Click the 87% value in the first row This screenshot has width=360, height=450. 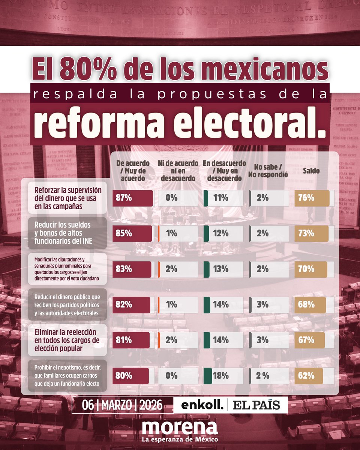pos(124,198)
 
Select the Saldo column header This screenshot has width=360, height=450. pos(312,171)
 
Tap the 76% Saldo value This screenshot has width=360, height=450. pos(306,198)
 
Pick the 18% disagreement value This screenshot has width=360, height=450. pos(220,376)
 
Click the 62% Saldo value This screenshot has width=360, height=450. pos(306,376)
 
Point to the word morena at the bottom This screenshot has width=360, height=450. pos(180,427)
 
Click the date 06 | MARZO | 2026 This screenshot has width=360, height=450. pos(123,405)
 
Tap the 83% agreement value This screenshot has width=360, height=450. pos(124,269)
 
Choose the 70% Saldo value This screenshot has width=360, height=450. pos(306,269)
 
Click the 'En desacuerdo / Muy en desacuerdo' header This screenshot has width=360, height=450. pos(222,171)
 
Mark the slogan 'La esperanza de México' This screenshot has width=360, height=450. pos(180,439)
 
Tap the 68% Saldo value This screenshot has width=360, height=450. pos(306,304)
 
